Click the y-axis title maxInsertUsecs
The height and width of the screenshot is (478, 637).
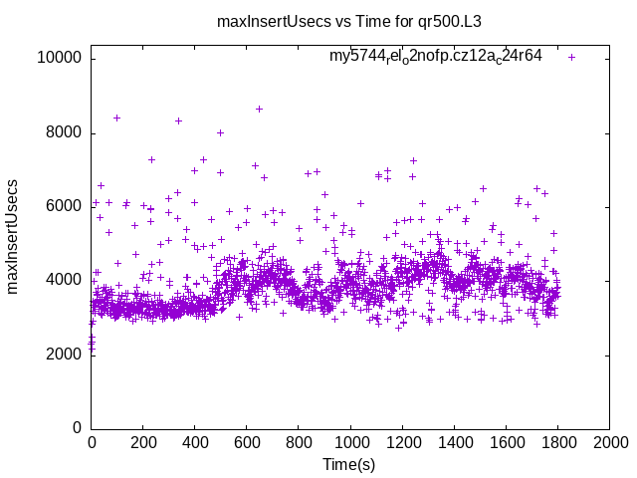point(13,236)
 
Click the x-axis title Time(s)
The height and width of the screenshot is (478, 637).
point(349,465)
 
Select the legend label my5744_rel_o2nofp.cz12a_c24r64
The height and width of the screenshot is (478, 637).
point(435,56)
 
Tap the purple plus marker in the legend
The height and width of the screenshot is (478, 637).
point(571,57)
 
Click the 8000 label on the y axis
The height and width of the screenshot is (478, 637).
point(63,132)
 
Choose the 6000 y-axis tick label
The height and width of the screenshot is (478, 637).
point(63,206)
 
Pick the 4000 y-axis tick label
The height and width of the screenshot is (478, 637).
point(63,280)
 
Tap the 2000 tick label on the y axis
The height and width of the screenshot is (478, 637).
point(63,354)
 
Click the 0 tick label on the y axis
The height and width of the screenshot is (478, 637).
point(77,427)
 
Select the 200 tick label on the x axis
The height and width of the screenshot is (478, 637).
point(143,443)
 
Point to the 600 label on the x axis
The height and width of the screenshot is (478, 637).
point(247,443)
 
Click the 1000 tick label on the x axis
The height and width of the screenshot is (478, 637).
point(350,443)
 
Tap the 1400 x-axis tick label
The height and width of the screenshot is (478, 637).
point(454,443)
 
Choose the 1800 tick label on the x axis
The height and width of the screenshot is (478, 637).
point(557,443)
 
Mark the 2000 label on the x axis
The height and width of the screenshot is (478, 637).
point(609,443)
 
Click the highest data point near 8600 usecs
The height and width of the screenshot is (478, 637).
point(259,109)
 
